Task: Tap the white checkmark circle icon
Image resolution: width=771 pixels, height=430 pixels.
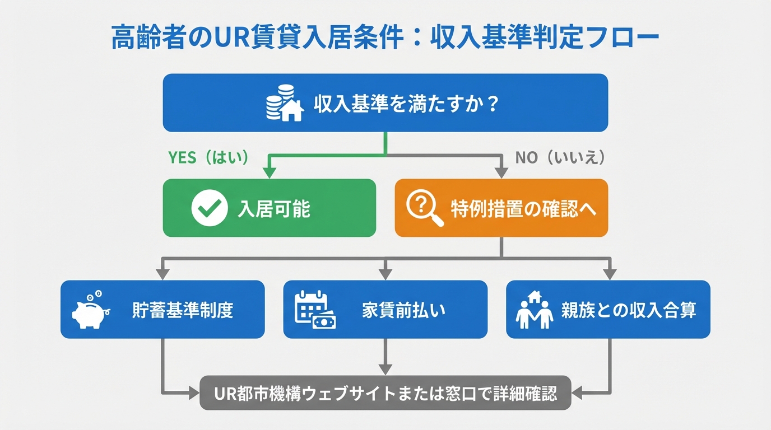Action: [x=209, y=208]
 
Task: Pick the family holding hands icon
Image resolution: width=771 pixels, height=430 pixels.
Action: [x=534, y=310]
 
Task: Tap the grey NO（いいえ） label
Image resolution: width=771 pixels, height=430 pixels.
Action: [x=560, y=158]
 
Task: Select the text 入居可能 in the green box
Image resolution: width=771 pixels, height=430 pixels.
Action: [x=274, y=209]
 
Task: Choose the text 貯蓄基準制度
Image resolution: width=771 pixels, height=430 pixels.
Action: [x=183, y=310]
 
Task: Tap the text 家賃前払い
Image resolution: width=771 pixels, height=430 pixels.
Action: [x=403, y=310]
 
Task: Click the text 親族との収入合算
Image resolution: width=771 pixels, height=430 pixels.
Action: [x=629, y=310]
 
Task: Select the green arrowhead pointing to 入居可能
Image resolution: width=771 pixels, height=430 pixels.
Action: [x=270, y=173]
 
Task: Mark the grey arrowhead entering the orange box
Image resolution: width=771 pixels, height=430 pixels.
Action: [x=501, y=173]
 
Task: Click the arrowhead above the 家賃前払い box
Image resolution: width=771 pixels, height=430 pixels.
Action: [x=386, y=274]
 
